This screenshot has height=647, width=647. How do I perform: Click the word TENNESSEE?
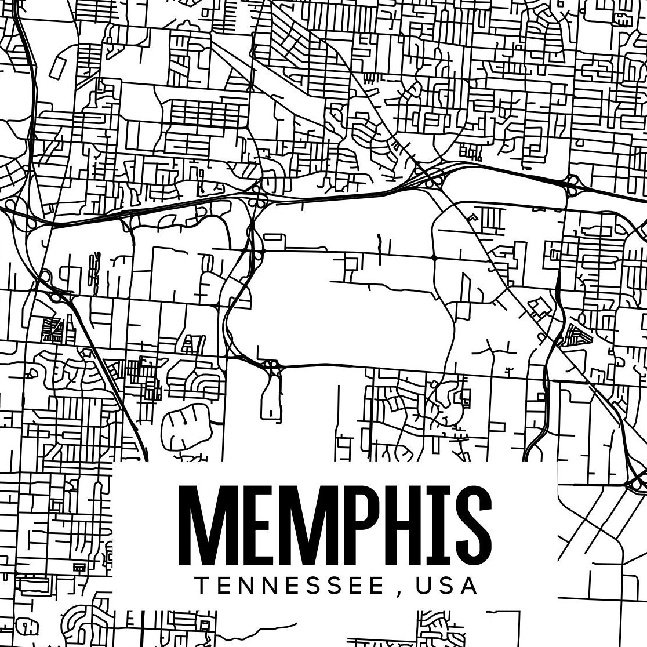click(x=288, y=586)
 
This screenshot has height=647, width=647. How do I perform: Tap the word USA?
click(x=447, y=586)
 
